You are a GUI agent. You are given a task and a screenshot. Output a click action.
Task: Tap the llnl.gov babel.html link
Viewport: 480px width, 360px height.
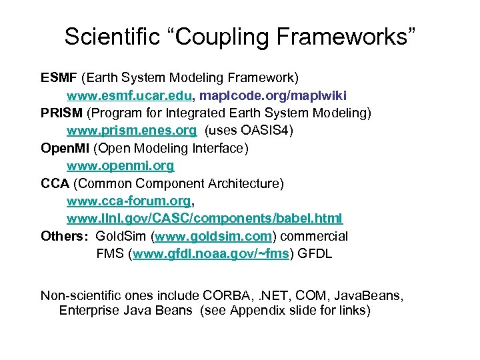tap(205, 218)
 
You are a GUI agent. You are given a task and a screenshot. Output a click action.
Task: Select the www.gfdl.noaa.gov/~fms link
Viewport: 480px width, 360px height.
tap(211, 254)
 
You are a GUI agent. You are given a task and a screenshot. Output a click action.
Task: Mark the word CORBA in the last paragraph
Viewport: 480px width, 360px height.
tap(229, 294)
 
